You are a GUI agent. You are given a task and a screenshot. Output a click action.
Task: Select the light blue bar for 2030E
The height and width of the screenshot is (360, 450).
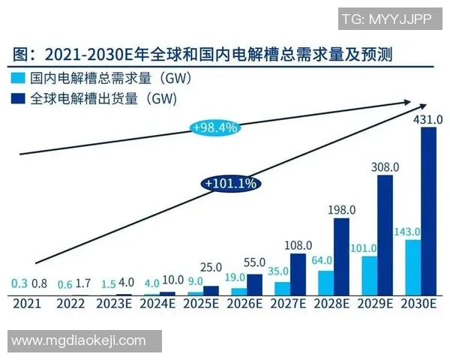412,267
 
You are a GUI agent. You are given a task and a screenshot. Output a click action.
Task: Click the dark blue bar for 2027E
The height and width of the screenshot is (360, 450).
297,274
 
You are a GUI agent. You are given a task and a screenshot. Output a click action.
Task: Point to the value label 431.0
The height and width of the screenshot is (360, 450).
428,119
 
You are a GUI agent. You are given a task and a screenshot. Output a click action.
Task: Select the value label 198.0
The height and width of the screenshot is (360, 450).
340,209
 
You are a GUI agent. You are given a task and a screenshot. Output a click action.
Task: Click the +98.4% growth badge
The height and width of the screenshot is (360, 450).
215,127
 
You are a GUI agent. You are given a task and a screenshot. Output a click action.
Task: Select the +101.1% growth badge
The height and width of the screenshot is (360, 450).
230,182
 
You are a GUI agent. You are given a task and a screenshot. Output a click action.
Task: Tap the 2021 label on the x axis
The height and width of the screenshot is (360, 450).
25,304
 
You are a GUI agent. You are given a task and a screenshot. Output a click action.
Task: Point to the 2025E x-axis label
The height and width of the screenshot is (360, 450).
202,304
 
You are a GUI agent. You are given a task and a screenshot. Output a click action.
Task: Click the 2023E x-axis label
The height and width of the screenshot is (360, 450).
113,304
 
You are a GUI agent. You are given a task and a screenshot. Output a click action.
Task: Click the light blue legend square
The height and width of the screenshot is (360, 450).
19,77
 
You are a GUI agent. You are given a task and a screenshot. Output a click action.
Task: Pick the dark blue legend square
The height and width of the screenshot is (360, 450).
19,97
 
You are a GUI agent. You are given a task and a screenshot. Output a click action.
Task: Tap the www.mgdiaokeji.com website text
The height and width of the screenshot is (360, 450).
79,341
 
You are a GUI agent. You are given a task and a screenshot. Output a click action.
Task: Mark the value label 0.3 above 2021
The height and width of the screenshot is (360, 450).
19,283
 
